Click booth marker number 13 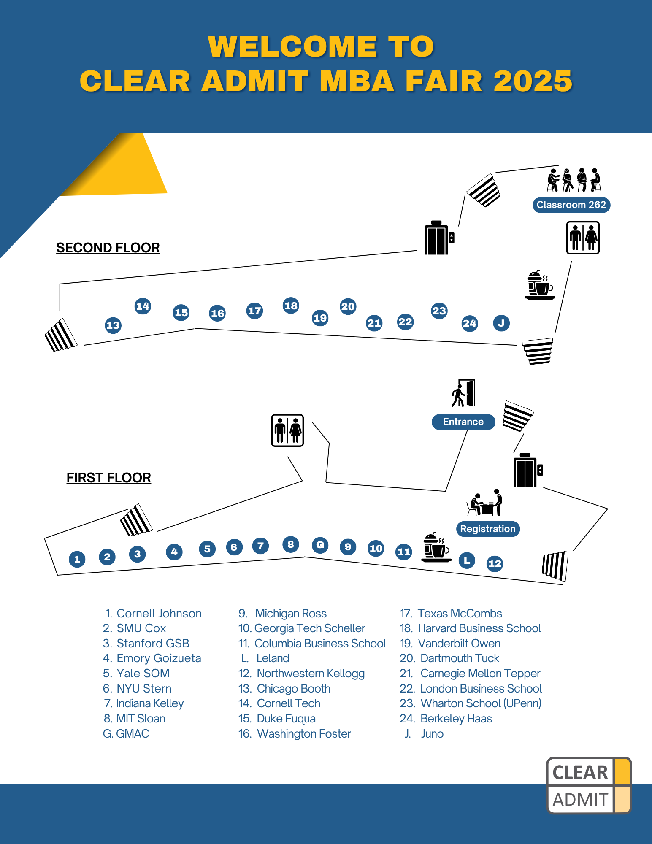click(x=113, y=325)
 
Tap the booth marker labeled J click(x=501, y=323)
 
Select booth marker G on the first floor click(x=320, y=545)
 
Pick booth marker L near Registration click(x=467, y=560)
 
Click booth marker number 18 click(x=291, y=306)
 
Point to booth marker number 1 click(x=77, y=559)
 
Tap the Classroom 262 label click(x=571, y=205)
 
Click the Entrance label click(x=463, y=422)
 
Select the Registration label click(x=488, y=529)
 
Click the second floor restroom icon click(x=583, y=238)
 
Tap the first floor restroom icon click(x=287, y=430)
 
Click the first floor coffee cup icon click(x=436, y=547)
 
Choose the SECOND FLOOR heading click(x=108, y=248)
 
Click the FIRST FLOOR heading click(x=109, y=478)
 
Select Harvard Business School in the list click(x=479, y=628)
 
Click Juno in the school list click(x=432, y=734)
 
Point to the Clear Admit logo click(x=589, y=785)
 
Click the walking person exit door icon click(x=464, y=393)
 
